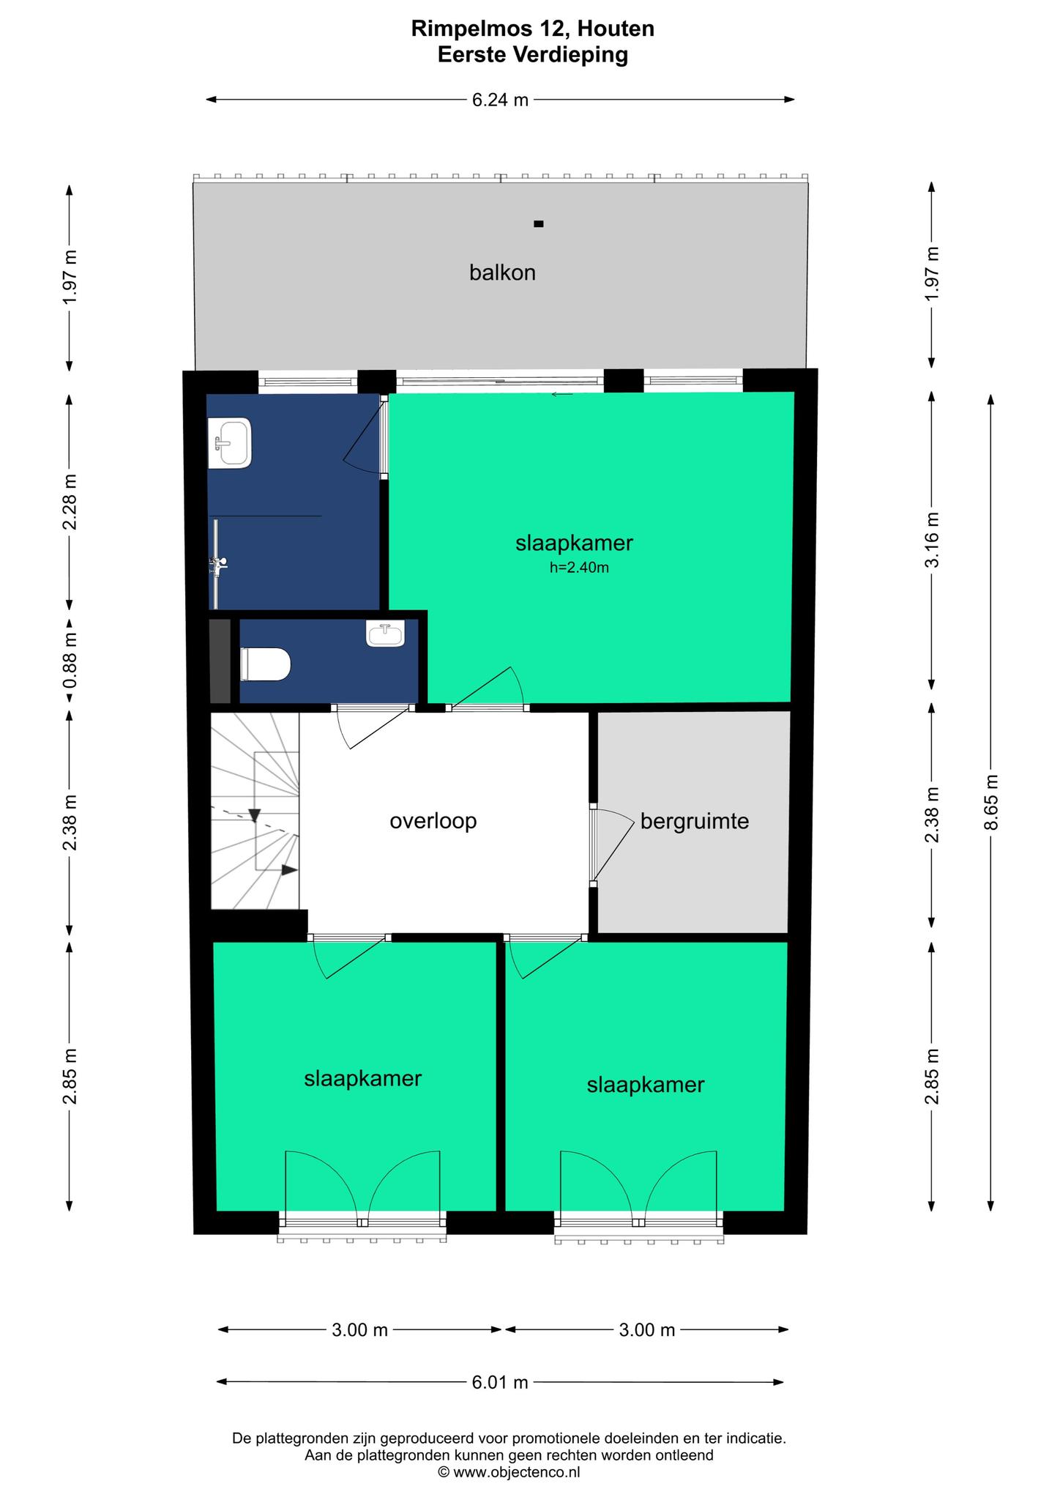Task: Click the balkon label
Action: (502, 273)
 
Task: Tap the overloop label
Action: (433, 821)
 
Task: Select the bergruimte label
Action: (695, 822)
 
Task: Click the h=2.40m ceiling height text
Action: (579, 567)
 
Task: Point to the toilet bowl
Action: (266, 664)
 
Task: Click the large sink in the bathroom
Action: (230, 443)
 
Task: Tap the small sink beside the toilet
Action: (385, 634)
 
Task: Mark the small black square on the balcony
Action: (539, 224)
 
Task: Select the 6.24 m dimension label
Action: (500, 100)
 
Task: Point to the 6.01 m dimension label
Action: (500, 1383)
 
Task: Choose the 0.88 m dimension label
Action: (70, 660)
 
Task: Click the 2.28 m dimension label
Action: (70, 502)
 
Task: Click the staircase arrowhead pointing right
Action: (290, 869)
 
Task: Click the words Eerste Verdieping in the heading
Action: (533, 55)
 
